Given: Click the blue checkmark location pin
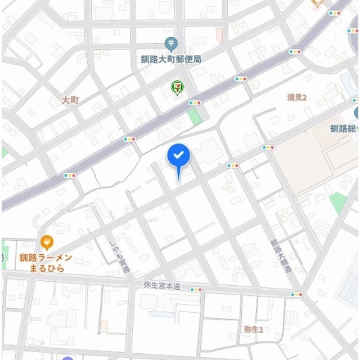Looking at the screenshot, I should click(x=179, y=156).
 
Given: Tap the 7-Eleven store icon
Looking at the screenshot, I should click(x=177, y=88).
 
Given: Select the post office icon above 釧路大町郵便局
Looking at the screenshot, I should click(x=172, y=44).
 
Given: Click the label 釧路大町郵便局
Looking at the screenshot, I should click(x=171, y=58).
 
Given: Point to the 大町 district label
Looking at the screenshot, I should click(x=70, y=100).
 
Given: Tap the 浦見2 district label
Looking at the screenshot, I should click(x=296, y=97).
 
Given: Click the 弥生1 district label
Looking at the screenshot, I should click(x=254, y=329).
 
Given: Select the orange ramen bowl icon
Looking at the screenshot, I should click(x=47, y=242).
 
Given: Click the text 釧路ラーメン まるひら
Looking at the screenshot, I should click(x=46, y=263).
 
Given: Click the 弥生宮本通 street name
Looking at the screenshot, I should click(x=161, y=286).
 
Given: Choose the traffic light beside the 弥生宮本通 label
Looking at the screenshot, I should click(x=196, y=290).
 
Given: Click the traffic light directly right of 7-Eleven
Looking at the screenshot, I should click(x=195, y=103).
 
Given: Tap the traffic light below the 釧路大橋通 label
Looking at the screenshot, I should click(x=296, y=294).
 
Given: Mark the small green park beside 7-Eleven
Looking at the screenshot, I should click(x=194, y=117).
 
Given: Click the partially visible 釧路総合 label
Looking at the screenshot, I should click(x=344, y=128).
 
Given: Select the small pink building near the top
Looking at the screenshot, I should click(x=219, y=34).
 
